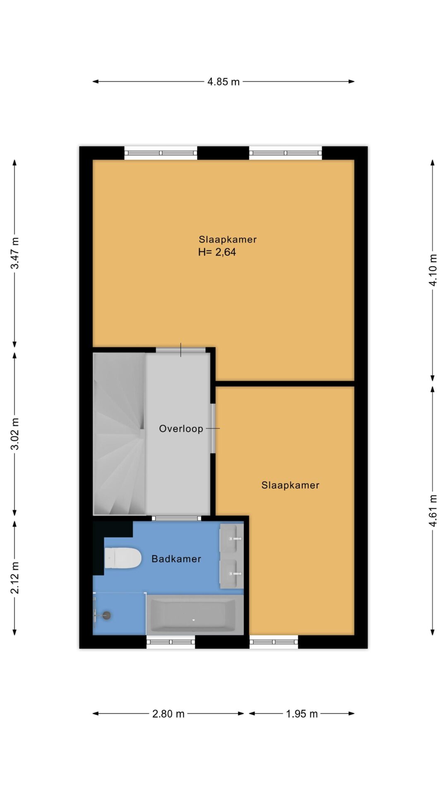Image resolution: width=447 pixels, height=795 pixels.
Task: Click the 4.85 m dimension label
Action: click(x=223, y=82)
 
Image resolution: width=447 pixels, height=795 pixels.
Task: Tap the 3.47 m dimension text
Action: click(x=15, y=253)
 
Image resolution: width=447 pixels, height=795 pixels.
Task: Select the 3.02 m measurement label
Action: click(x=15, y=434)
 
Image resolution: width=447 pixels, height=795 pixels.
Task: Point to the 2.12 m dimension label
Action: click(x=15, y=578)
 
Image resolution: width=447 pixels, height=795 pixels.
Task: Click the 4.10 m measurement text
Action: click(x=433, y=270)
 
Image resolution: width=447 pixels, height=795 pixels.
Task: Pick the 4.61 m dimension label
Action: click(x=433, y=511)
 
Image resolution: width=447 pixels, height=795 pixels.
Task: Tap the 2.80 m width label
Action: click(x=168, y=714)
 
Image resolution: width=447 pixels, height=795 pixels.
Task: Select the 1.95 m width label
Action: click(x=302, y=714)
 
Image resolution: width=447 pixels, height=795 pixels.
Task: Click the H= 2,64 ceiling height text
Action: click(x=217, y=252)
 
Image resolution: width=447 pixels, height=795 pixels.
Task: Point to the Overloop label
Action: click(x=181, y=429)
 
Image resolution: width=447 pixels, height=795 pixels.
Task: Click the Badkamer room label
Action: click(x=176, y=559)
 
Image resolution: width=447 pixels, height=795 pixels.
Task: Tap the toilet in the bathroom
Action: click(x=123, y=558)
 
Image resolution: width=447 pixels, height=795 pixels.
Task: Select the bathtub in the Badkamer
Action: click(x=195, y=614)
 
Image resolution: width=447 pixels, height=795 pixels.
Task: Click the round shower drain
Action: click(x=107, y=615)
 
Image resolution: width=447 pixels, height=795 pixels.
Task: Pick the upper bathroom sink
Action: click(x=231, y=538)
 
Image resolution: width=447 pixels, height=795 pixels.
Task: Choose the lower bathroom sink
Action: click(x=231, y=574)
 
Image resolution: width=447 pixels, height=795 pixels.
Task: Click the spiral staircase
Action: click(x=119, y=434)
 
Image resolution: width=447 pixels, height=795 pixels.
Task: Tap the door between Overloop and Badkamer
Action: click(x=176, y=518)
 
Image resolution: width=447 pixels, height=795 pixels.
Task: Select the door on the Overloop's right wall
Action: click(x=213, y=429)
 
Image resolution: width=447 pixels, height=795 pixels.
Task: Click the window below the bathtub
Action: click(x=171, y=642)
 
